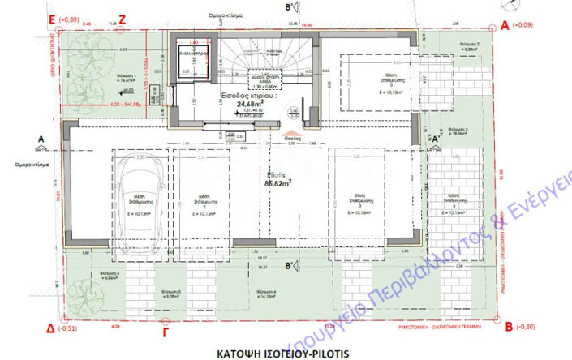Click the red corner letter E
52,17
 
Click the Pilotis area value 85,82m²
278,182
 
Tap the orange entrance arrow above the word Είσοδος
288,131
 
